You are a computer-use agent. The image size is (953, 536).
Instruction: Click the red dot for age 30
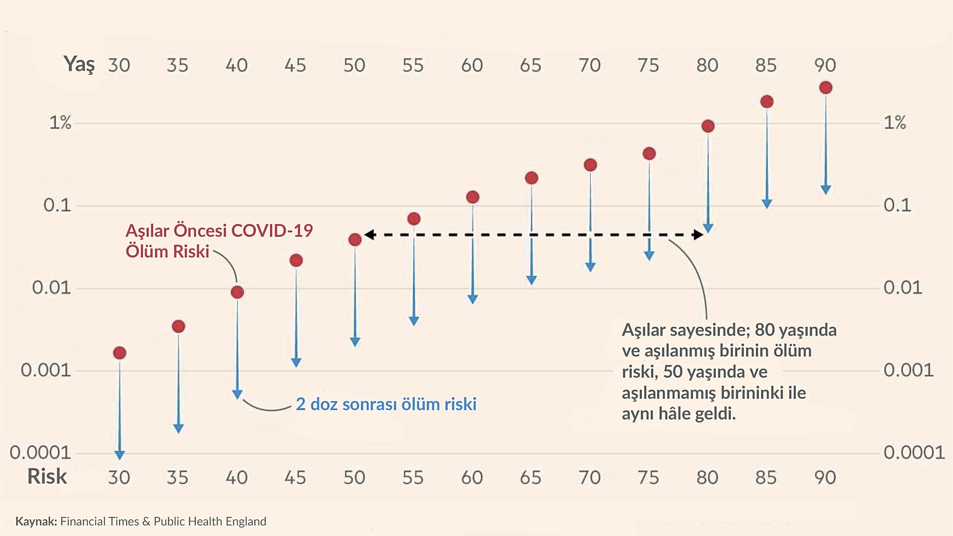[x=119, y=353]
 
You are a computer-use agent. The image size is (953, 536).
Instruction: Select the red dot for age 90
[x=825, y=88]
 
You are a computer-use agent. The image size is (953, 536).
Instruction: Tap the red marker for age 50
[x=355, y=240]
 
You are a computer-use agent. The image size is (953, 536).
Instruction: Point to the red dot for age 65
[x=531, y=178]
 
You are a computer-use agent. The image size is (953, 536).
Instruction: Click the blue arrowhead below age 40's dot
[x=237, y=394]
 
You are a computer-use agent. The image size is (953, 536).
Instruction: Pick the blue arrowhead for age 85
[x=767, y=204]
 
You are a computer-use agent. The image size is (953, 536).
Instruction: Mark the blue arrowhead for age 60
[x=472, y=299]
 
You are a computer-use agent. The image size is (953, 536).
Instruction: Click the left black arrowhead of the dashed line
[x=369, y=234]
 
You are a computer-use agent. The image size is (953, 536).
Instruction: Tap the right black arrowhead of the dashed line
[x=698, y=234]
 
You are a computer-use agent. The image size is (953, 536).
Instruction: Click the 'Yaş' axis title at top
[x=79, y=64]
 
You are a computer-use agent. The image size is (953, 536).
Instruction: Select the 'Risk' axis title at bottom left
[x=47, y=476]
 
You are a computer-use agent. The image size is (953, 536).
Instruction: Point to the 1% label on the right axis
[x=895, y=122]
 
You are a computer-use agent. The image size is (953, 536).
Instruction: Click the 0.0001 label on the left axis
[x=40, y=452]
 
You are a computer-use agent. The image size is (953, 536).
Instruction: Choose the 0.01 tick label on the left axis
[x=51, y=288]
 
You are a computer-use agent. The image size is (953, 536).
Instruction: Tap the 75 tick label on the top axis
[x=648, y=65]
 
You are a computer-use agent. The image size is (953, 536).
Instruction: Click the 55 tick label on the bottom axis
[x=413, y=478]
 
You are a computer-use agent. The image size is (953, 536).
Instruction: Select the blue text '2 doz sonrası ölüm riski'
[x=386, y=404]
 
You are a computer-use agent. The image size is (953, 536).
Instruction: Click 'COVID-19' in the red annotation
[x=272, y=231]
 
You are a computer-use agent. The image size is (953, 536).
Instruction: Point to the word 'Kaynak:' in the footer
[x=36, y=521]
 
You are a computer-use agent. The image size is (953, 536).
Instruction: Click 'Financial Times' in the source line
[x=100, y=521]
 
